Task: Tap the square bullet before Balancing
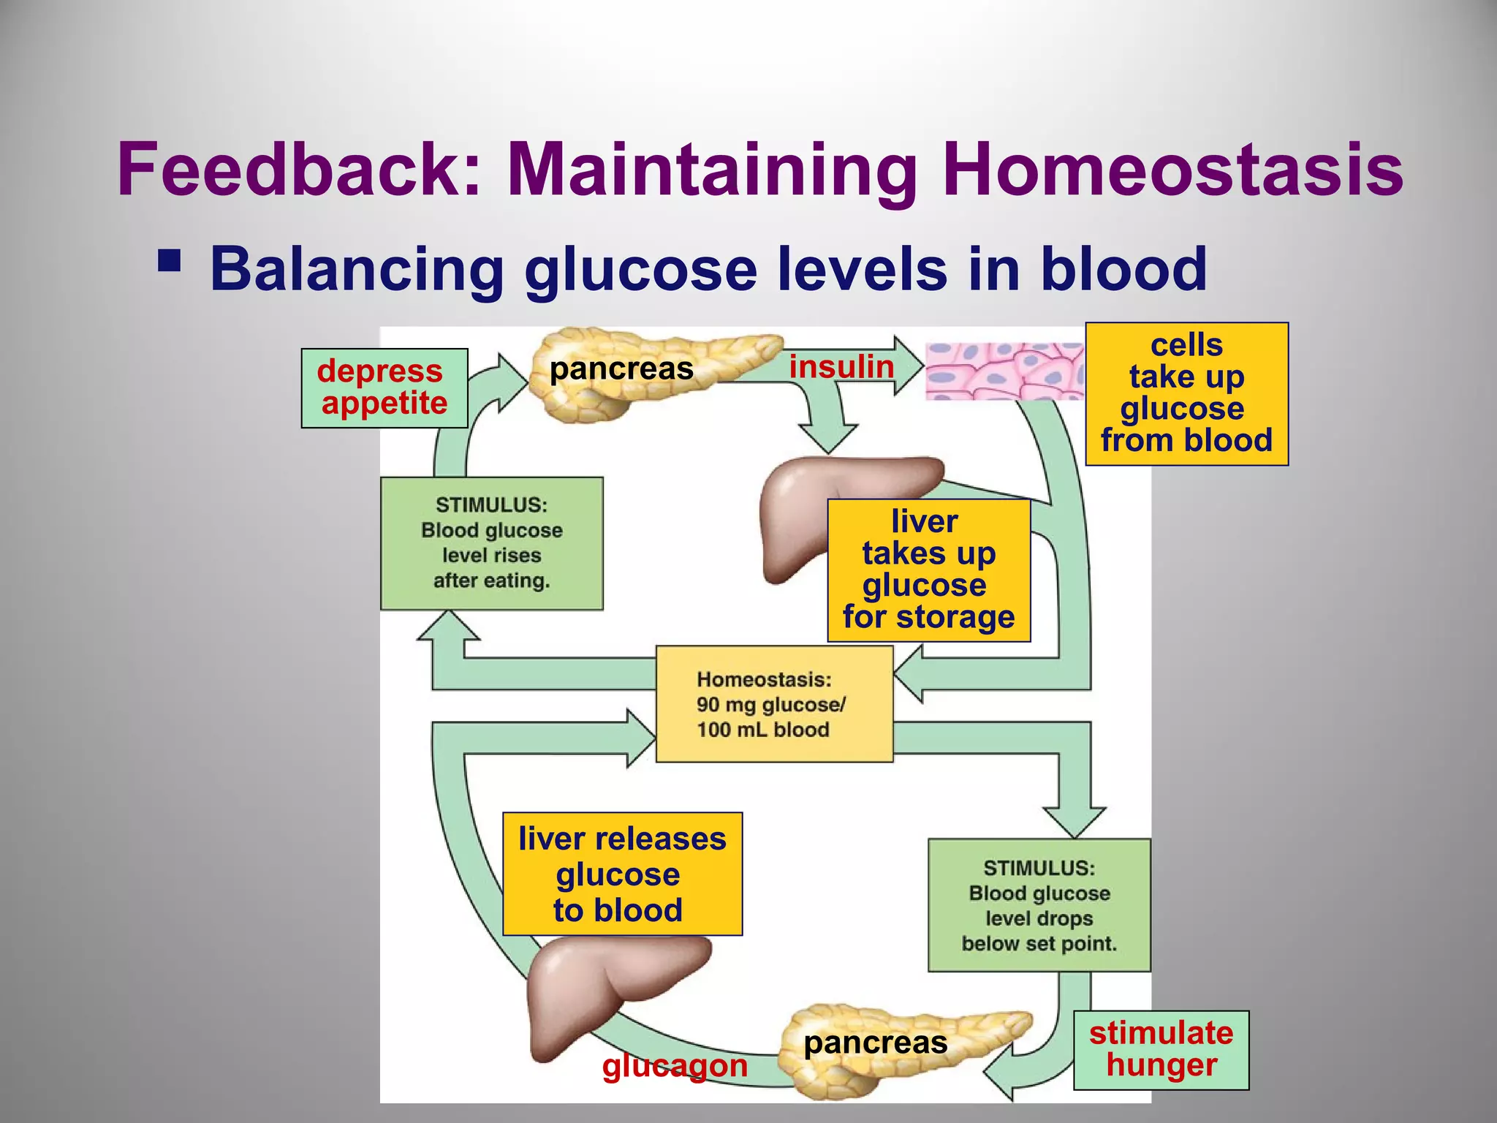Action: [x=169, y=261]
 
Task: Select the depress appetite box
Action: [x=384, y=388]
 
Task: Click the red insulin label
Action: [x=841, y=366]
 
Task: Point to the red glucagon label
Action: [x=674, y=1066]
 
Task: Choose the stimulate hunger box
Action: [x=1161, y=1050]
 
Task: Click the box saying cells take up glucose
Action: [x=1186, y=394]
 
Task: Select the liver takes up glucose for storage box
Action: [x=928, y=570]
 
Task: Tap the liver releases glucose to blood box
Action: [x=622, y=874]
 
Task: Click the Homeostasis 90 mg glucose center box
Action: [x=774, y=704]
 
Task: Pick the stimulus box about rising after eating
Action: [x=491, y=543]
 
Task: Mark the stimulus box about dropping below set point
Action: [x=1039, y=905]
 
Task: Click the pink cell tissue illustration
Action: [x=1004, y=371]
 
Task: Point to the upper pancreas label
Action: [x=621, y=368]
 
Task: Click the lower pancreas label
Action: [x=875, y=1043]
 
